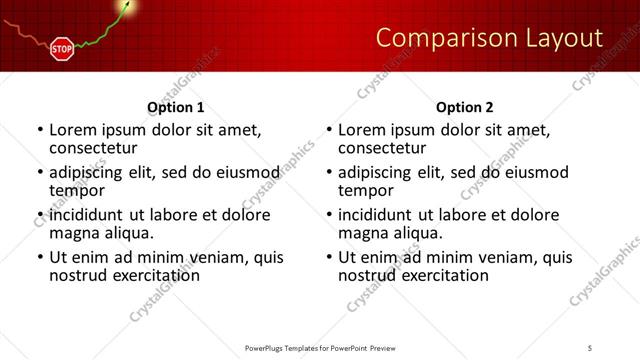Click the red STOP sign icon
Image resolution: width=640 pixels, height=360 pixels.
[x=62, y=47]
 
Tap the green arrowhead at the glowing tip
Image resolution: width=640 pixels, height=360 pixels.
[x=127, y=7]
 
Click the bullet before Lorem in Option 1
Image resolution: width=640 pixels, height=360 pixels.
[x=40, y=130]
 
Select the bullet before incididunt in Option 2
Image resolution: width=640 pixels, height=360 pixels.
[x=329, y=215]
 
